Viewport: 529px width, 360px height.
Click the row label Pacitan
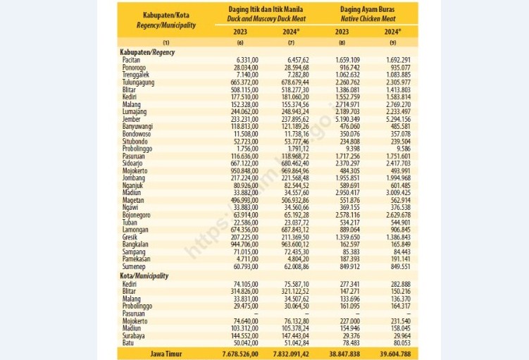point(130,59)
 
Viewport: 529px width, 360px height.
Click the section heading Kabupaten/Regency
point(147,52)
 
